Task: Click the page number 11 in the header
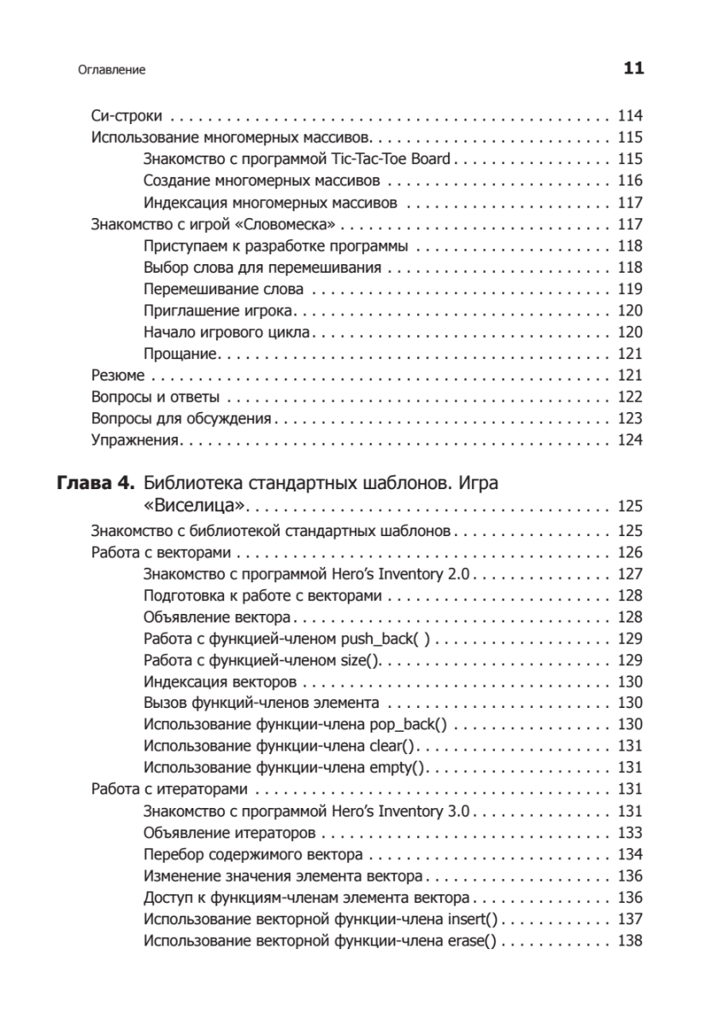633,68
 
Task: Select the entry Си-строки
127,116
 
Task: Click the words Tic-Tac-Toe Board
402,159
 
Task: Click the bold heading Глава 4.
95,484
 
